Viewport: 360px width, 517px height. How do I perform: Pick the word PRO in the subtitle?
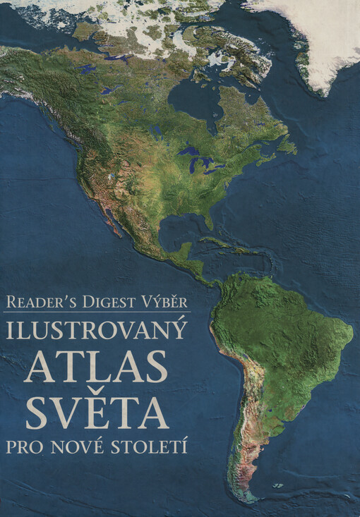[x=40, y=446]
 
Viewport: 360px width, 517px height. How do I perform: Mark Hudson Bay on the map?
[x=194, y=99]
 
